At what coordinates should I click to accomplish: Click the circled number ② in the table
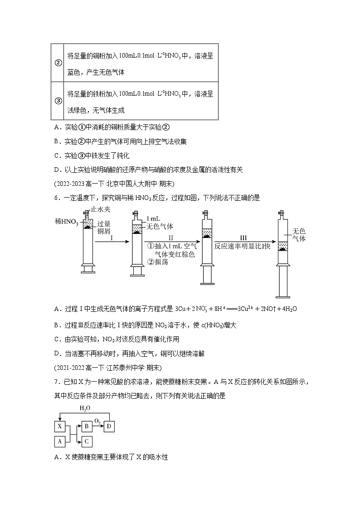(x=58, y=63)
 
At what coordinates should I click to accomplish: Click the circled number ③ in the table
(x=58, y=101)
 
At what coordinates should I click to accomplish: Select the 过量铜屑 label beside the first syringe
(x=104, y=228)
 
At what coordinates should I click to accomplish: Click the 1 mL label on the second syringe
(x=153, y=219)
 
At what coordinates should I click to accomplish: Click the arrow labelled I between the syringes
(x=112, y=242)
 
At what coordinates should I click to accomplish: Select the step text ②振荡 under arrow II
(x=157, y=262)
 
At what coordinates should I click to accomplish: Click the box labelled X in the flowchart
(x=59, y=426)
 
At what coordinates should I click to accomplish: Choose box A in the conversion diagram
(x=59, y=440)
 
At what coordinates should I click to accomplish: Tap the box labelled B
(x=86, y=426)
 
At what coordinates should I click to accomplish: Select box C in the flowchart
(x=86, y=440)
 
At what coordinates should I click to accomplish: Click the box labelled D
(x=109, y=426)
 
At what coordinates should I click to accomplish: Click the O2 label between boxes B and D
(x=97, y=422)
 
